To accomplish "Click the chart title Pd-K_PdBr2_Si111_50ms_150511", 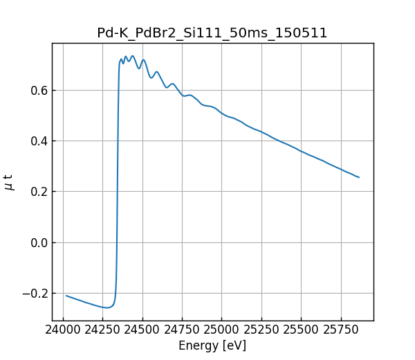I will [212, 33].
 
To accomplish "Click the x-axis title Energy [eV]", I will [212, 345].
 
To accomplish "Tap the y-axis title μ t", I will [9, 182].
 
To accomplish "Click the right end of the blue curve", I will [359, 177].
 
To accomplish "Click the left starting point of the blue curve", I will [66, 296].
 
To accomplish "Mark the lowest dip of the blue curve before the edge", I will [106, 307].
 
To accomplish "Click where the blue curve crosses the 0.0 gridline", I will [117, 242].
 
